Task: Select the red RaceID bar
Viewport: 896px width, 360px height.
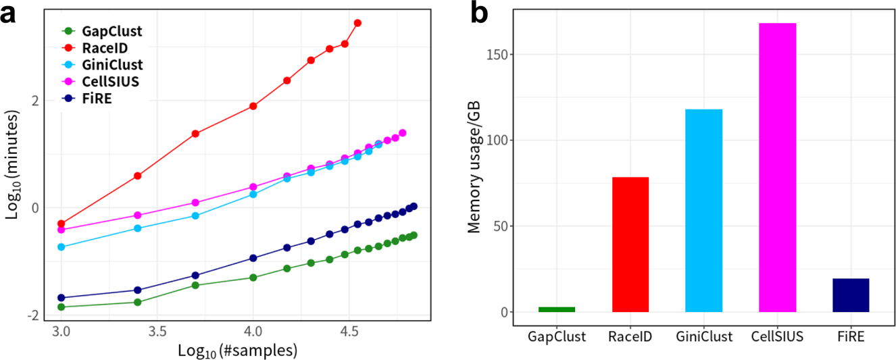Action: [630, 245]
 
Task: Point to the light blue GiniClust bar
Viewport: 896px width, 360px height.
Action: [703, 211]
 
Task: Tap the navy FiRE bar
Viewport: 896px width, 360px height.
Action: [851, 295]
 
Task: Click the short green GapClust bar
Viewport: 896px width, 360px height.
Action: [557, 309]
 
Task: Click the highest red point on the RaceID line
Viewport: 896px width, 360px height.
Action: [357, 23]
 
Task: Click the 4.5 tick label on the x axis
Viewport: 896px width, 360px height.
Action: [348, 333]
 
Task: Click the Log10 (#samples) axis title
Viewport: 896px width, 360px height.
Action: [237, 351]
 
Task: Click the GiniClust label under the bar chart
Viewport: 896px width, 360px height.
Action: [703, 336]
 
